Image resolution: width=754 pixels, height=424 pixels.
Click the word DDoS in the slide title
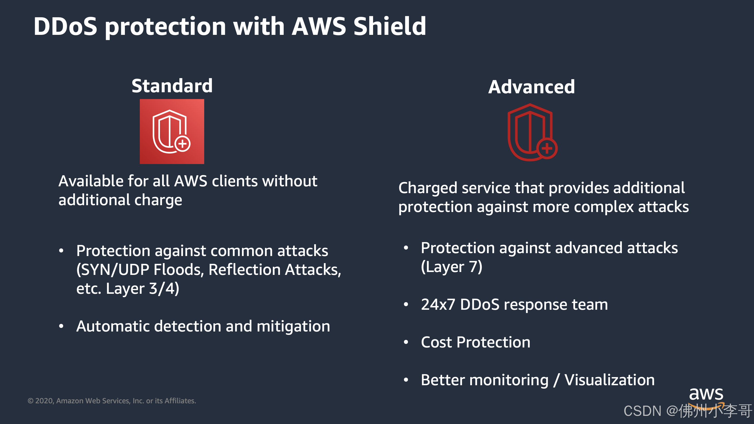[65, 26]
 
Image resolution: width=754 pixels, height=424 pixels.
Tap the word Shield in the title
[390, 26]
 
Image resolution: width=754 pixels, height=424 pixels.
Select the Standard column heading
[172, 86]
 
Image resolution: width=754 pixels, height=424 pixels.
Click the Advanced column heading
[531, 87]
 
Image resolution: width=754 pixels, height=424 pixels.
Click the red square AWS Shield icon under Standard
[172, 131]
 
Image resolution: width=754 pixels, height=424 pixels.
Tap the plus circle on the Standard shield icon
[182, 144]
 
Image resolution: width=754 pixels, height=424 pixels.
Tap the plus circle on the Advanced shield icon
[547, 148]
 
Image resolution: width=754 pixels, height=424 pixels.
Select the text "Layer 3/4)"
[142, 289]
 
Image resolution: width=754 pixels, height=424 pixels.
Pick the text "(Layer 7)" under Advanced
[452, 267]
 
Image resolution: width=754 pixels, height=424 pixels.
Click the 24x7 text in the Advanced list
[438, 305]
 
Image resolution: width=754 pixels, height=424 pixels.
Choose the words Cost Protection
[476, 342]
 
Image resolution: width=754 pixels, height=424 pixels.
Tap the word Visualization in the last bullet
[609, 380]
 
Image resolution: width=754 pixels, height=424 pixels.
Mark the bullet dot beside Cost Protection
[406, 342]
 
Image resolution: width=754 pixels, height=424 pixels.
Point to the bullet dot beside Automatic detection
[61, 326]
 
